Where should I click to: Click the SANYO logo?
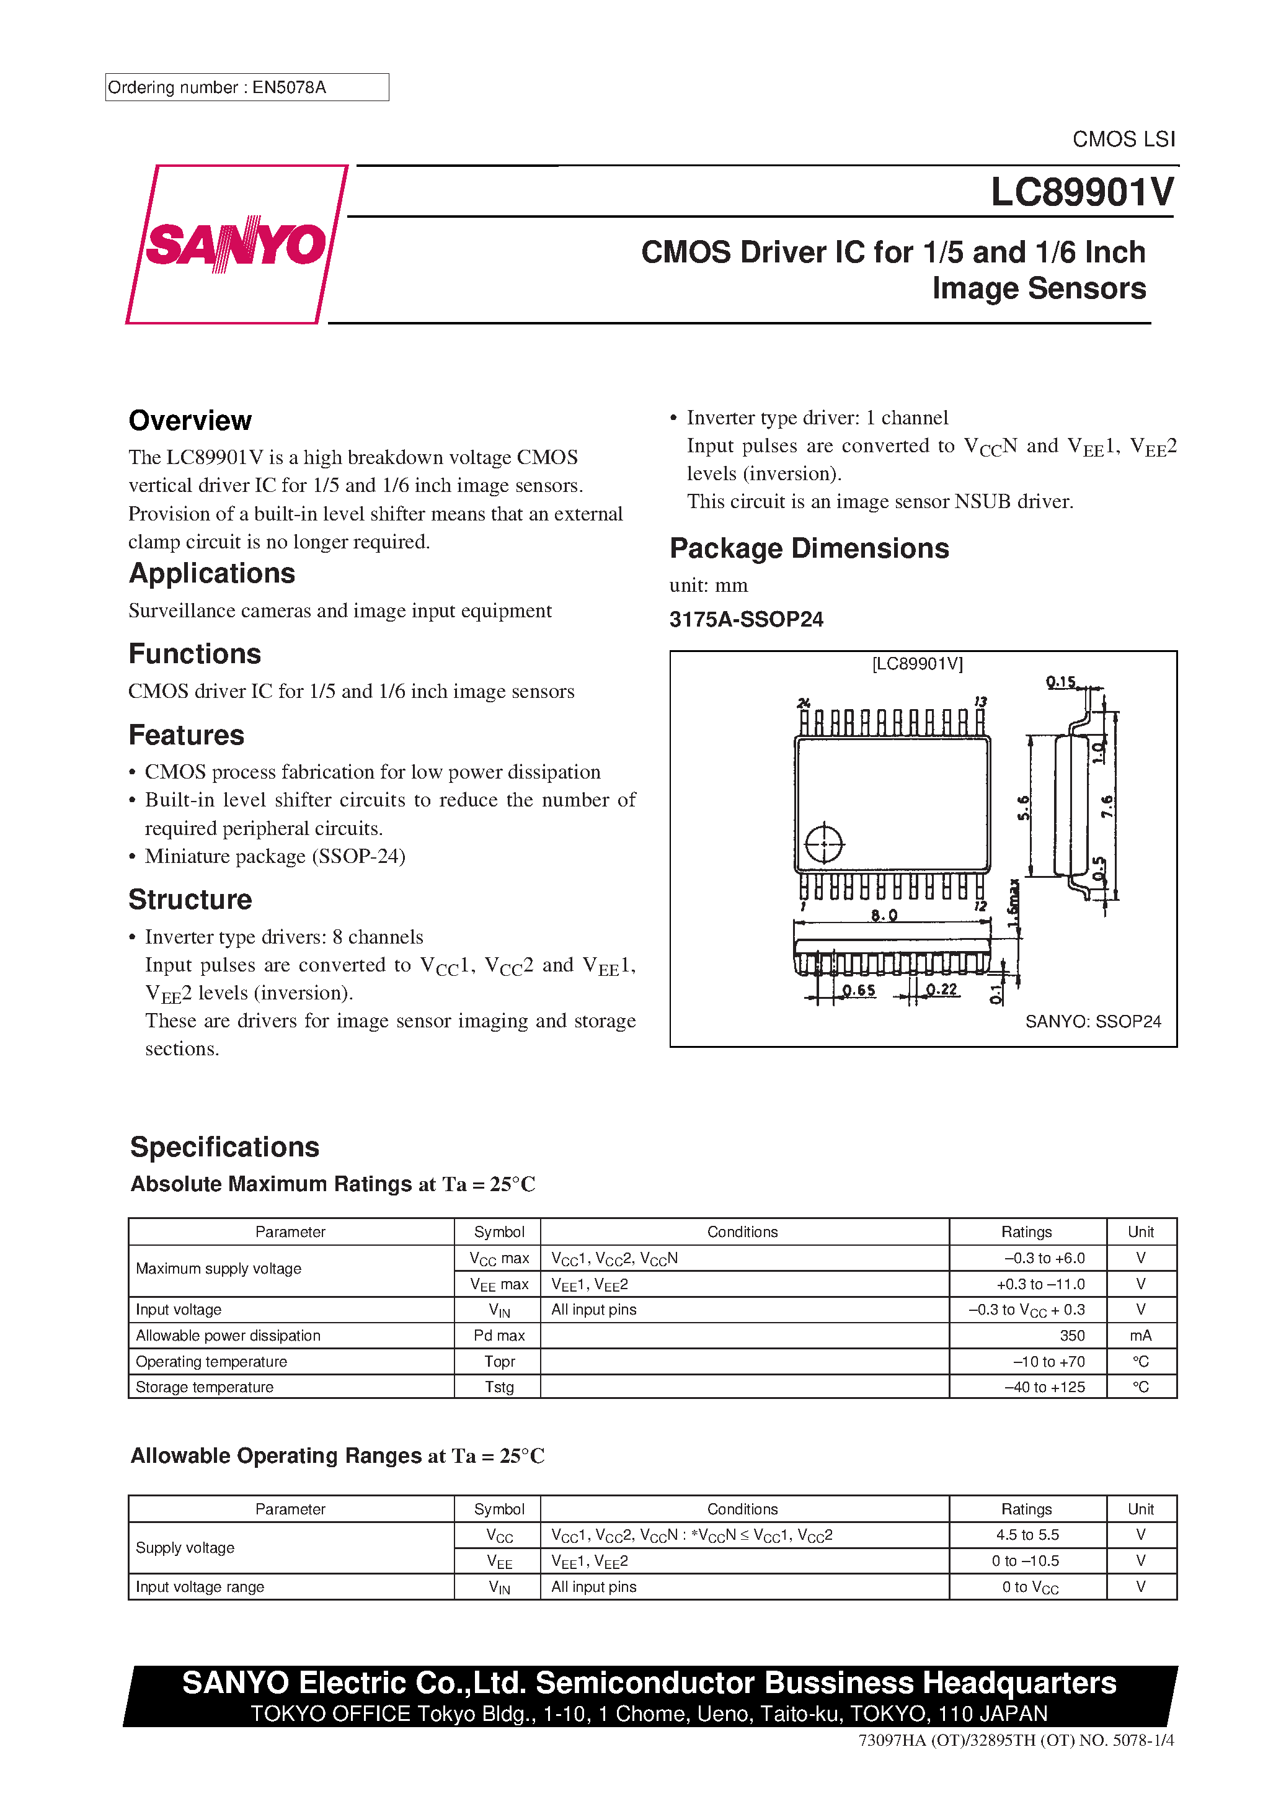coord(236,244)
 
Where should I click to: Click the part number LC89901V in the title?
coord(1081,192)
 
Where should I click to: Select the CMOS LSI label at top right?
coord(1123,139)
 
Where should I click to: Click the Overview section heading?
coord(190,421)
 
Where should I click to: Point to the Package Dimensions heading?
coord(809,548)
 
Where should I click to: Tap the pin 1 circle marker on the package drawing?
coord(824,844)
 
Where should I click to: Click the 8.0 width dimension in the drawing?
coord(884,916)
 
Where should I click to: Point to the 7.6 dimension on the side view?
coord(1107,806)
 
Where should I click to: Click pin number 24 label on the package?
coord(804,702)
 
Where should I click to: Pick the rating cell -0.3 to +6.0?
coord(1044,1258)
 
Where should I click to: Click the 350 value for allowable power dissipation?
coord(1071,1335)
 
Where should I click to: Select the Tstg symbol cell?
coord(499,1387)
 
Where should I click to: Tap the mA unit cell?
coord(1140,1335)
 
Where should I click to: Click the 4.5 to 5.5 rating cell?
coord(1027,1534)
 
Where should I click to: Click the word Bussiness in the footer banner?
coord(839,1683)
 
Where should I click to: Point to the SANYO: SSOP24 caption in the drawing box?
coord(1093,1022)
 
